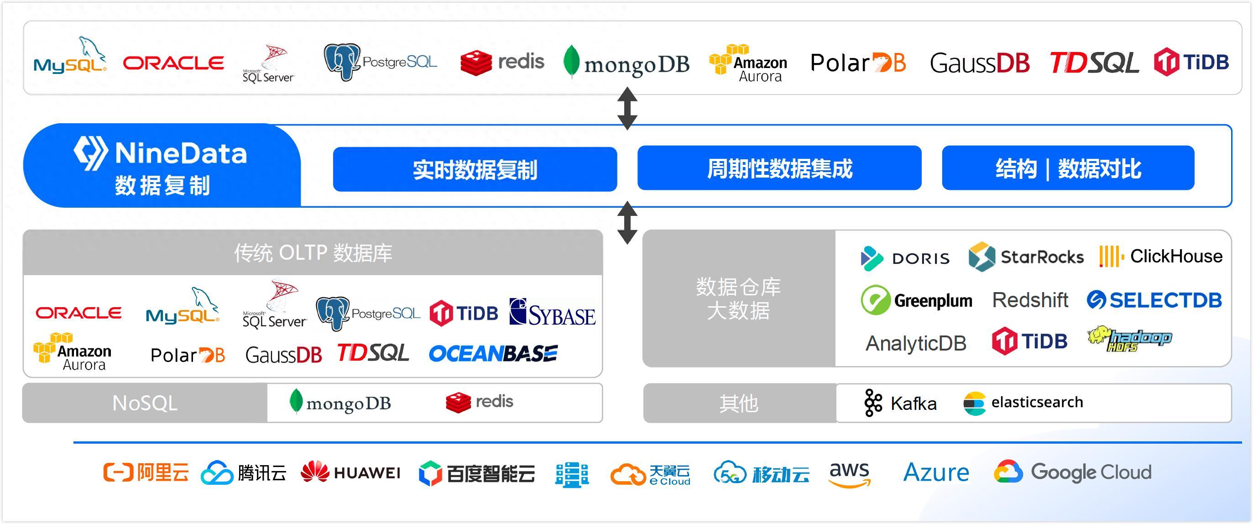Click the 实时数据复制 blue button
[475, 169]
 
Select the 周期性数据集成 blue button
[779, 168]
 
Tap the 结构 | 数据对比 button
[1068, 168]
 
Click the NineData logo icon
[90, 153]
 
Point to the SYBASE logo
[552, 312]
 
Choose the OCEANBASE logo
[493, 354]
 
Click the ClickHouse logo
[1160, 257]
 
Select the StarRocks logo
[1026, 257]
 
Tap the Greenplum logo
[916, 300]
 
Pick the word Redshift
[1030, 300]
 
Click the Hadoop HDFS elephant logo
[1129, 339]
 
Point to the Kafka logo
[900, 403]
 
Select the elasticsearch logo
[1023, 403]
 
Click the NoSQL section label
[145, 403]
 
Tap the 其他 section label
[738, 403]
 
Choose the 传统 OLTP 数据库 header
[313, 253]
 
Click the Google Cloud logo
[1073, 472]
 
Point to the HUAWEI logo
[350, 472]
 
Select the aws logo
[849, 473]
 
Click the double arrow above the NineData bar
[627, 108]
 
